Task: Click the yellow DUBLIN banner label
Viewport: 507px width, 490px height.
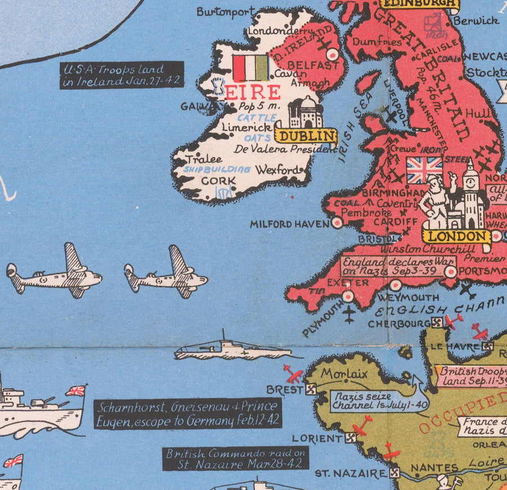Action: (306, 136)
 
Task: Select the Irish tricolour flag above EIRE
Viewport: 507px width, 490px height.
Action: (251, 68)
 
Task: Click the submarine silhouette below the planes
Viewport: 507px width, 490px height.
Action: (231, 350)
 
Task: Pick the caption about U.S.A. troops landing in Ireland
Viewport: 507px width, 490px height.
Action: (122, 75)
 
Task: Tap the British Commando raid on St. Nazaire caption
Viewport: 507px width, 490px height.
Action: (236, 458)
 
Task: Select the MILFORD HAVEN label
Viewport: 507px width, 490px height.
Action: (290, 224)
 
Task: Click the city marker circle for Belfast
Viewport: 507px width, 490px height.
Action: (332, 55)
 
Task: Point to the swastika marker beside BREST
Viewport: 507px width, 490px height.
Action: (310, 389)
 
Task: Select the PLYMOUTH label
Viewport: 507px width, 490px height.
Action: (322, 318)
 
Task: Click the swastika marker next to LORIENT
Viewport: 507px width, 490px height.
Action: (352, 437)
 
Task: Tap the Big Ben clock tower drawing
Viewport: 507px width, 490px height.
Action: (471, 192)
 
